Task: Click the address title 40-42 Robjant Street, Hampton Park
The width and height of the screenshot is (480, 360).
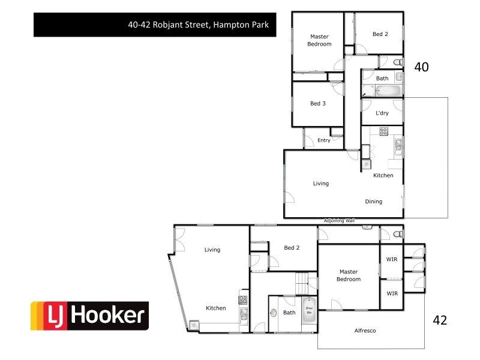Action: (197, 25)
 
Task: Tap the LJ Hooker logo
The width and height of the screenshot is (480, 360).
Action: (89, 316)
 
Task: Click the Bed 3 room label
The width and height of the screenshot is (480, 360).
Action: (318, 104)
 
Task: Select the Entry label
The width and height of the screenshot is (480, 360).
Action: (324, 140)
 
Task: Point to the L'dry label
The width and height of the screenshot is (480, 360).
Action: (382, 113)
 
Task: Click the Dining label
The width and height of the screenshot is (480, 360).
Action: (374, 202)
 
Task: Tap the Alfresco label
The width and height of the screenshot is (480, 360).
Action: (365, 331)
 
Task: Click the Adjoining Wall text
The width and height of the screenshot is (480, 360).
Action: (340, 221)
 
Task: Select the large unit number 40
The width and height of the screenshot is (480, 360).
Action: (421, 67)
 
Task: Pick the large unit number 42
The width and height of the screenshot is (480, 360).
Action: (440, 320)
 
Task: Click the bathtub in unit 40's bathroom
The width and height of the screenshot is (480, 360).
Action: (384, 92)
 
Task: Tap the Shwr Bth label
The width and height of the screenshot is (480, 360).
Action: (309, 310)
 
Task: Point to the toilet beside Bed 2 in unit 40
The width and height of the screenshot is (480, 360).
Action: (397, 62)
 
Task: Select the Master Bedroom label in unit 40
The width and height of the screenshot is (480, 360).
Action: (319, 40)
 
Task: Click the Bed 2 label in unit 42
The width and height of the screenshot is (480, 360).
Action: (292, 248)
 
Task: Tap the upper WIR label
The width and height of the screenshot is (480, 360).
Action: (392, 260)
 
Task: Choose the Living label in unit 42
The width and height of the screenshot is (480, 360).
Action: (212, 250)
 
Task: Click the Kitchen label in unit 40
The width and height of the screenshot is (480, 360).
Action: (383, 175)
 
